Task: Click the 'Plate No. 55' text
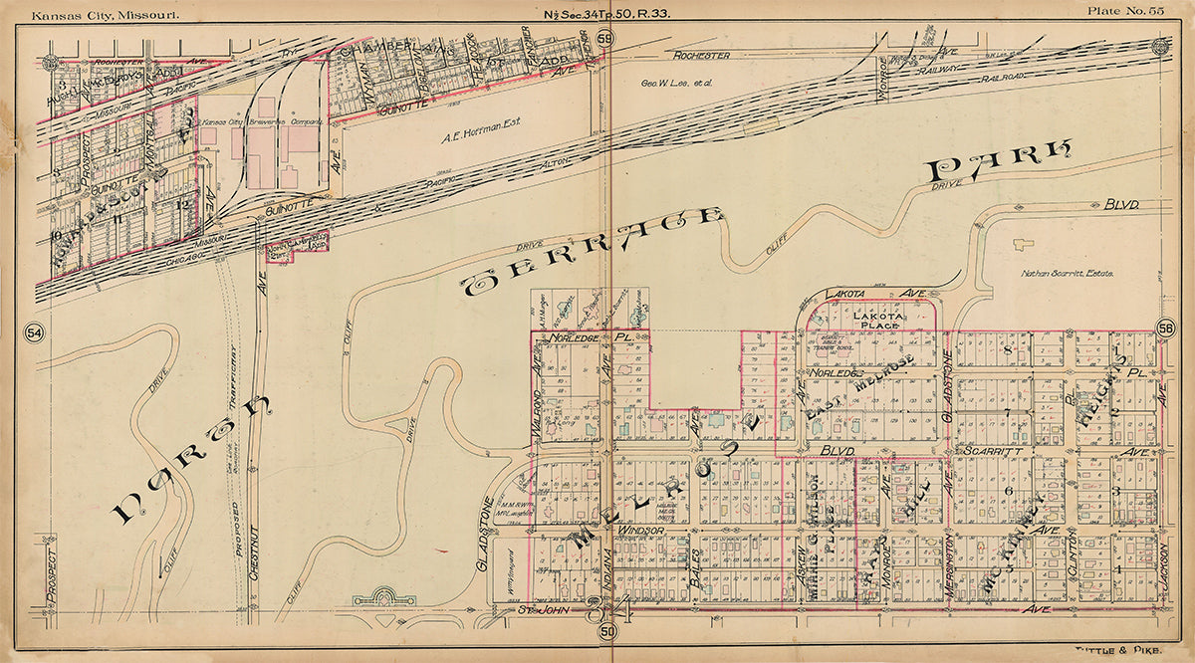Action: click(1124, 10)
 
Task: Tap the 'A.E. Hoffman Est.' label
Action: click(477, 139)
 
